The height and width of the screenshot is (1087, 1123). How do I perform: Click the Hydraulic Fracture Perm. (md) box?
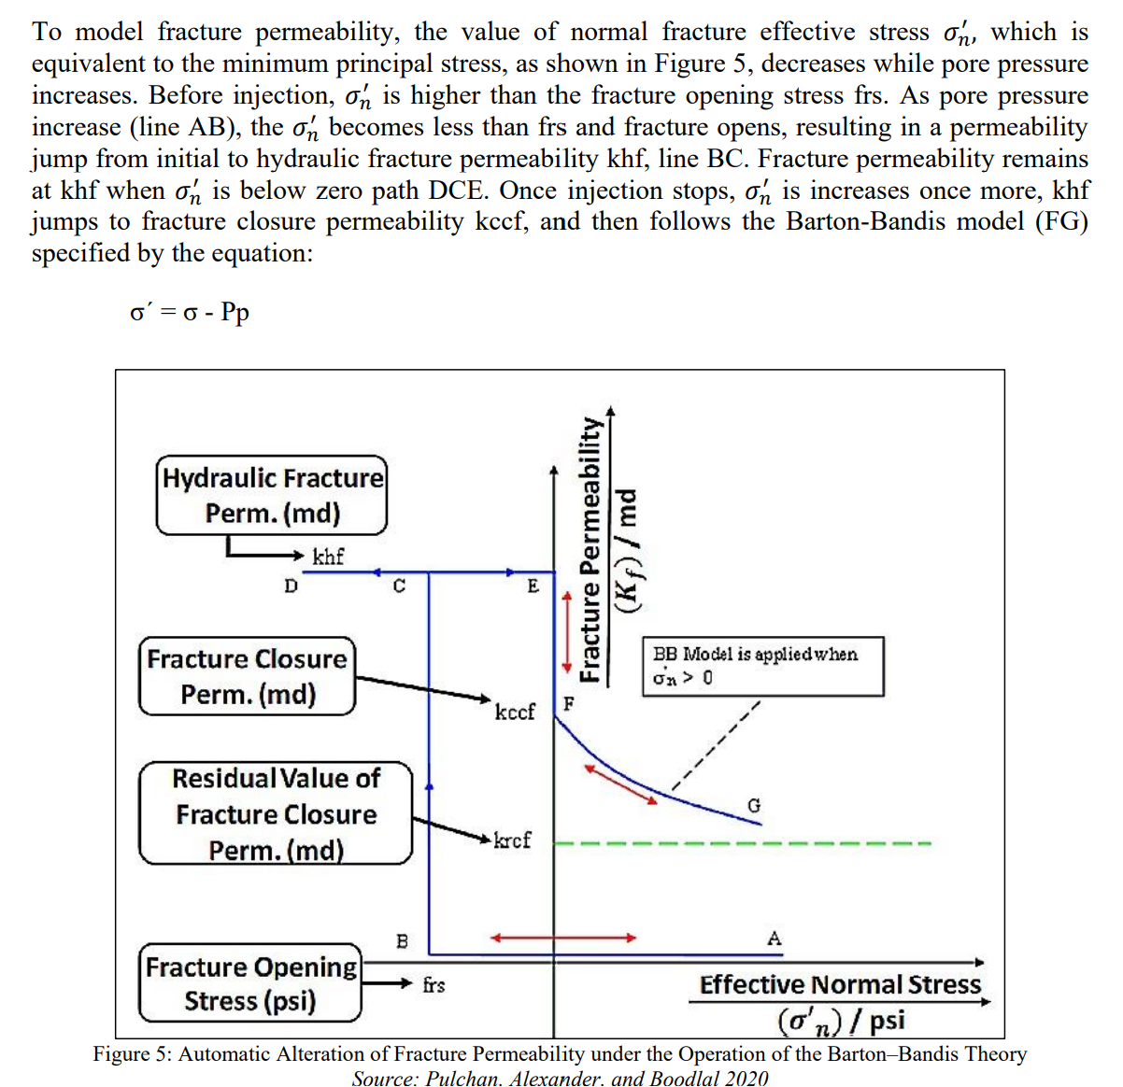pos(271,495)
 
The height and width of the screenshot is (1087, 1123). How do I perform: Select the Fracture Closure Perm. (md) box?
pos(248,676)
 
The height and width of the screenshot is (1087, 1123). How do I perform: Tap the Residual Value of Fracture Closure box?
pos(276,813)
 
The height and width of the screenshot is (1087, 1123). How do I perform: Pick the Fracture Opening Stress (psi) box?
pos(250,983)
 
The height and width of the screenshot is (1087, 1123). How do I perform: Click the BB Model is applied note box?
pos(762,666)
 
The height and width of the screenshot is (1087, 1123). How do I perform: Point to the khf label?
pos(328,558)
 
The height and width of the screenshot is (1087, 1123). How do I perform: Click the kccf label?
pos(515,712)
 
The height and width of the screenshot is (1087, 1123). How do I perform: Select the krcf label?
pos(512,840)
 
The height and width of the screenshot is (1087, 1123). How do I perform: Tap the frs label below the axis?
pos(434,984)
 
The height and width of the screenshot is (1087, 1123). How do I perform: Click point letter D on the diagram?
pos(291,586)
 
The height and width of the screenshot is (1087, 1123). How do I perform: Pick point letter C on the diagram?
pos(399,586)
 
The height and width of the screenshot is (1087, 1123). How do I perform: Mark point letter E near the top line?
pos(533,586)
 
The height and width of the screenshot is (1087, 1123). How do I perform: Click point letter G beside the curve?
pos(754,805)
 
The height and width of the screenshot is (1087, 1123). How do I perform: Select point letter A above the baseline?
pos(774,938)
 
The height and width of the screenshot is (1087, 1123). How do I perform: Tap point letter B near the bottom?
pos(402,940)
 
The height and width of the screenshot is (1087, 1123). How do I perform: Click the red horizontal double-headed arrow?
pos(563,938)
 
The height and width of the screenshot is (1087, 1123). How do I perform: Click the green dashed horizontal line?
pos(743,845)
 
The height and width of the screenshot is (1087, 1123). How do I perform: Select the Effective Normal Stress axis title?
pos(840,985)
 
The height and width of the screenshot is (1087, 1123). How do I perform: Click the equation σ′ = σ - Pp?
pos(190,311)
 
